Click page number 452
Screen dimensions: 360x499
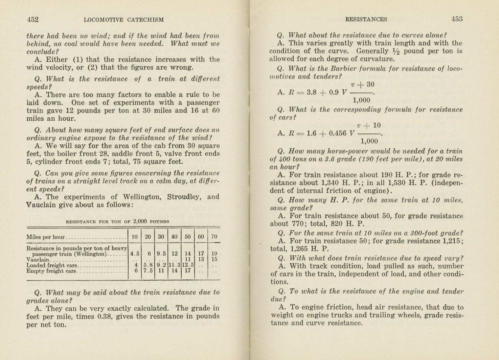(x=33, y=20)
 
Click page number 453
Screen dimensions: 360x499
(x=457, y=19)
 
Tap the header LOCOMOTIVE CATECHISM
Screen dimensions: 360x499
(x=123, y=20)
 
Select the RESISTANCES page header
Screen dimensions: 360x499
(x=366, y=20)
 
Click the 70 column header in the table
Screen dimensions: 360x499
(x=214, y=237)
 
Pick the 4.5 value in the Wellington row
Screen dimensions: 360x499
(x=135, y=254)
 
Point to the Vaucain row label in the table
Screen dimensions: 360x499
(x=38, y=260)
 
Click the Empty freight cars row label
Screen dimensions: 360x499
(x=52, y=271)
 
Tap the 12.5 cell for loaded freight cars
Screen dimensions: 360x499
(x=188, y=265)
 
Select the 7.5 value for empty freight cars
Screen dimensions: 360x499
(x=148, y=271)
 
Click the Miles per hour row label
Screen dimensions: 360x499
(x=45, y=237)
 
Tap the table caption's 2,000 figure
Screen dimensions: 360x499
(x=140, y=221)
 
